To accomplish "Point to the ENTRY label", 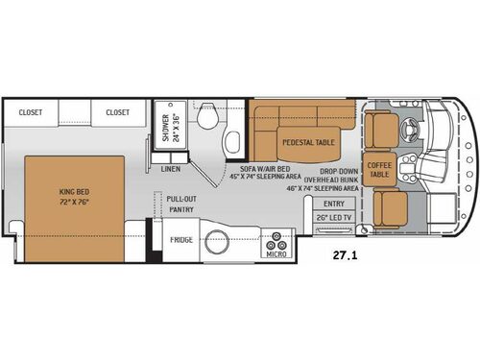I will [333, 204].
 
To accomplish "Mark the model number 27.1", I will [348, 257].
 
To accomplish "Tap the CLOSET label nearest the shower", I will [117, 111].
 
